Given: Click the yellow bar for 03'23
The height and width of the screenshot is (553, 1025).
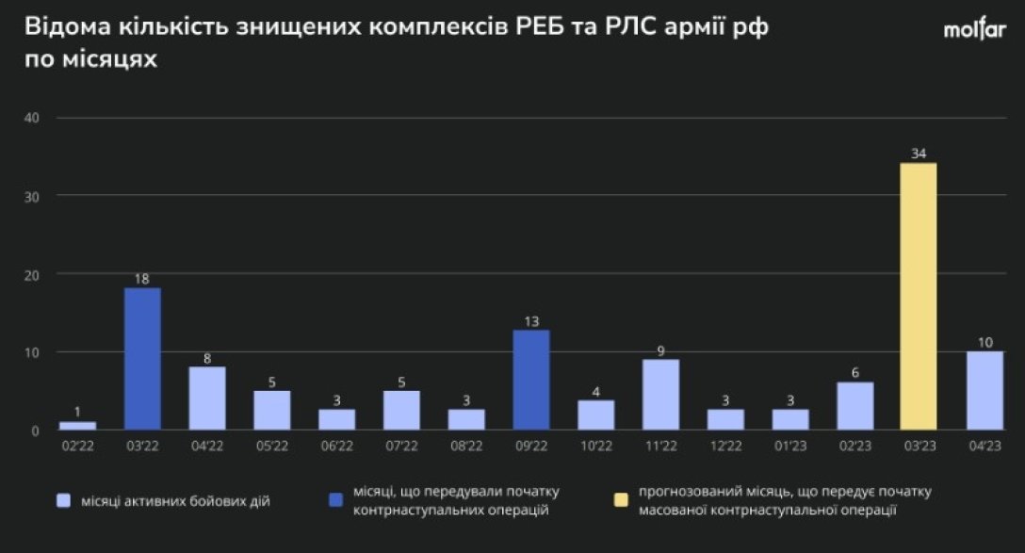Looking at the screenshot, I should [919, 297].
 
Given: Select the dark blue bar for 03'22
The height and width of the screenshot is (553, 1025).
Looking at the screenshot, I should [142, 359].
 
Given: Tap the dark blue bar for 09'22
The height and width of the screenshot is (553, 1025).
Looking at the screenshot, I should [530, 380].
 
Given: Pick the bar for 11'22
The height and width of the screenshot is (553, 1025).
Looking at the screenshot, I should [660, 394].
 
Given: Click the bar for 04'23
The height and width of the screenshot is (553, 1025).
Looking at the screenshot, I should [984, 390].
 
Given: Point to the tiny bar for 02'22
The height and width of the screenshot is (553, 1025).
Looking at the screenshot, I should [78, 426].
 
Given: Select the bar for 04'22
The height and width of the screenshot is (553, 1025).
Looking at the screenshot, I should [207, 398].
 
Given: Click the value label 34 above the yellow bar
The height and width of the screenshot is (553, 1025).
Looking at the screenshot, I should [919, 153].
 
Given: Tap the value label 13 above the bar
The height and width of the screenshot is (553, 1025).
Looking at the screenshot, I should [530, 321].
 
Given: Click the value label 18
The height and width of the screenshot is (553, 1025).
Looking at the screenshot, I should [142, 279].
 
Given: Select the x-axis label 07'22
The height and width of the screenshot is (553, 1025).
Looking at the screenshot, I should [401, 447].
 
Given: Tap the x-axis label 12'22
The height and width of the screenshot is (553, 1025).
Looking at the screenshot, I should [725, 447].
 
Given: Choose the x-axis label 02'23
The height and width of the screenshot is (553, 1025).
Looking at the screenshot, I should [854, 447].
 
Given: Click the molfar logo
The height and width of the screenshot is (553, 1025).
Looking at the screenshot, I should [974, 30].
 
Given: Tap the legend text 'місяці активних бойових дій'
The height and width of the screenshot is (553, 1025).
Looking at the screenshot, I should [176, 501].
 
